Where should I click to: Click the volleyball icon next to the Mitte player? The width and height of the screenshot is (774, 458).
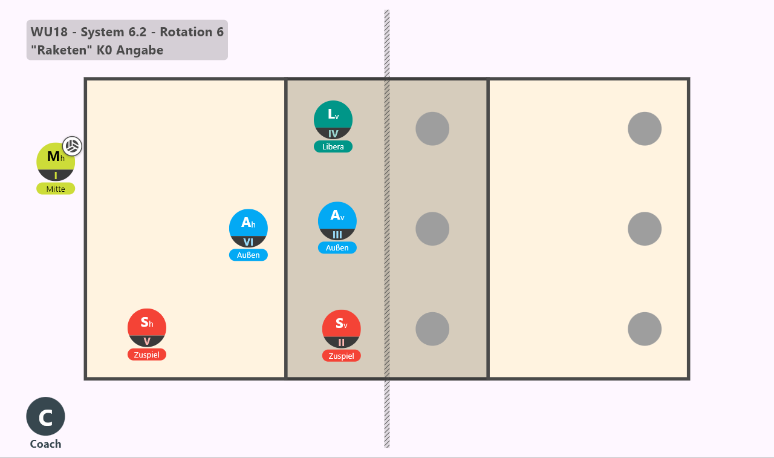(72, 146)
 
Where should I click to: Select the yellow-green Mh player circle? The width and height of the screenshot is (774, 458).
(56, 162)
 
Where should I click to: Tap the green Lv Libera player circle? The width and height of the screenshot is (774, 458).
(333, 120)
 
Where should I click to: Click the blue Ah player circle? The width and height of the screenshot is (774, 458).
(249, 228)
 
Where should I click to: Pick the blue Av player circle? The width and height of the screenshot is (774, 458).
(337, 221)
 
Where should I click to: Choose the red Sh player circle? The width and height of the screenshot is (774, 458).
(147, 328)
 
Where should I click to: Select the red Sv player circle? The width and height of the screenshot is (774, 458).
(342, 329)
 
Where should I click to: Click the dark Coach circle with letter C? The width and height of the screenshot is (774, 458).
(45, 416)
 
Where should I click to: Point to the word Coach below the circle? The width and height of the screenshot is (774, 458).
(45, 444)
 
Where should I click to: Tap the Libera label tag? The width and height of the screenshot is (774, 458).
(333, 146)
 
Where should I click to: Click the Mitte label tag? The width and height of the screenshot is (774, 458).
(56, 189)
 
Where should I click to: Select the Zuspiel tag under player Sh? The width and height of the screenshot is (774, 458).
(147, 355)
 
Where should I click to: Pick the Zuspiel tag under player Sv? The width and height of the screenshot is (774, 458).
(342, 356)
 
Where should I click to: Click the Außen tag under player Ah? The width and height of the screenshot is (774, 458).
(249, 255)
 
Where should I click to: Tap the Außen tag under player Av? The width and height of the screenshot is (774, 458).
(337, 248)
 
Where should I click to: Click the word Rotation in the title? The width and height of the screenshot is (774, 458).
(186, 32)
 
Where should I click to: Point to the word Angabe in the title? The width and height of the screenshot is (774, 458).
(140, 50)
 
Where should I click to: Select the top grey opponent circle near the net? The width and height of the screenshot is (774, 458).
(432, 129)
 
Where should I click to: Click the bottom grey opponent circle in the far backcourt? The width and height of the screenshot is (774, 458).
(645, 329)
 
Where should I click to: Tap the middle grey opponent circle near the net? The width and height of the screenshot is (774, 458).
(432, 229)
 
